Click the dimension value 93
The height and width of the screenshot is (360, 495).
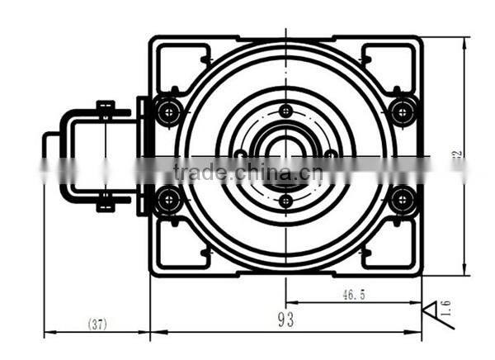[285, 319]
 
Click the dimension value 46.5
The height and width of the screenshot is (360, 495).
[351, 293]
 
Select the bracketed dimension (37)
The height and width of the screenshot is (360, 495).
[97, 324]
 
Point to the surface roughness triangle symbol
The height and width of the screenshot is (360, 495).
[430, 315]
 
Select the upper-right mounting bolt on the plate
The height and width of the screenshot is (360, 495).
[402, 111]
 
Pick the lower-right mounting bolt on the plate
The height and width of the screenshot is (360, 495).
[402, 198]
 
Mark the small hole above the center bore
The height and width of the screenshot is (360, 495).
[285, 110]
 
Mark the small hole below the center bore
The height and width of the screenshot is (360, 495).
[285, 200]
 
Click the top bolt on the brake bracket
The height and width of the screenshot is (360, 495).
[105, 108]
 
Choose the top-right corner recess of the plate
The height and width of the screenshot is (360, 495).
[391, 61]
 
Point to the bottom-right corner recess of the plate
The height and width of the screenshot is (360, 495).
[391, 248]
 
